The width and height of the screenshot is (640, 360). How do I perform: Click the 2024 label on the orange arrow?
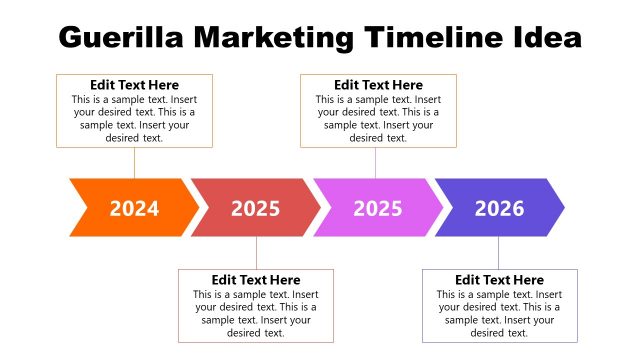tap(134, 208)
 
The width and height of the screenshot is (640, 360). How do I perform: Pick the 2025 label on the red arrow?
tap(256, 208)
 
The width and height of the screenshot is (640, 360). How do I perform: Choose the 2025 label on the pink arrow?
tap(378, 208)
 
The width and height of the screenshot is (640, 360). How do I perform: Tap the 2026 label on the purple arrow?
tap(499, 208)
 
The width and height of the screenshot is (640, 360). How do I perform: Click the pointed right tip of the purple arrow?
tap(562, 208)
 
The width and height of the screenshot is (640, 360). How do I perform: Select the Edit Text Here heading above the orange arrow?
tap(134, 85)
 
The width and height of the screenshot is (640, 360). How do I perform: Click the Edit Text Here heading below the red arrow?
tap(256, 280)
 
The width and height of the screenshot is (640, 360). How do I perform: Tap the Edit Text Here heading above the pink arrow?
tap(378, 85)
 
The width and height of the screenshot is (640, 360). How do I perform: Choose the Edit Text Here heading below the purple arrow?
tap(499, 280)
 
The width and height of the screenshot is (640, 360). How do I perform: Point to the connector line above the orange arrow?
tap(134, 163)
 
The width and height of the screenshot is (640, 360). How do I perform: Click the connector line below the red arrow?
tap(256, 252)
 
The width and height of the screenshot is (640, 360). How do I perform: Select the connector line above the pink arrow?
tap(376, 163)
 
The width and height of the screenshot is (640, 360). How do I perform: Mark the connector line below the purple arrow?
tap(499, 252)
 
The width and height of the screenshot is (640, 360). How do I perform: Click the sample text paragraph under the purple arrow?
tap(499, 313)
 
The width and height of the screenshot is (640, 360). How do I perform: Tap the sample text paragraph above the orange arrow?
tap(134, 118)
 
